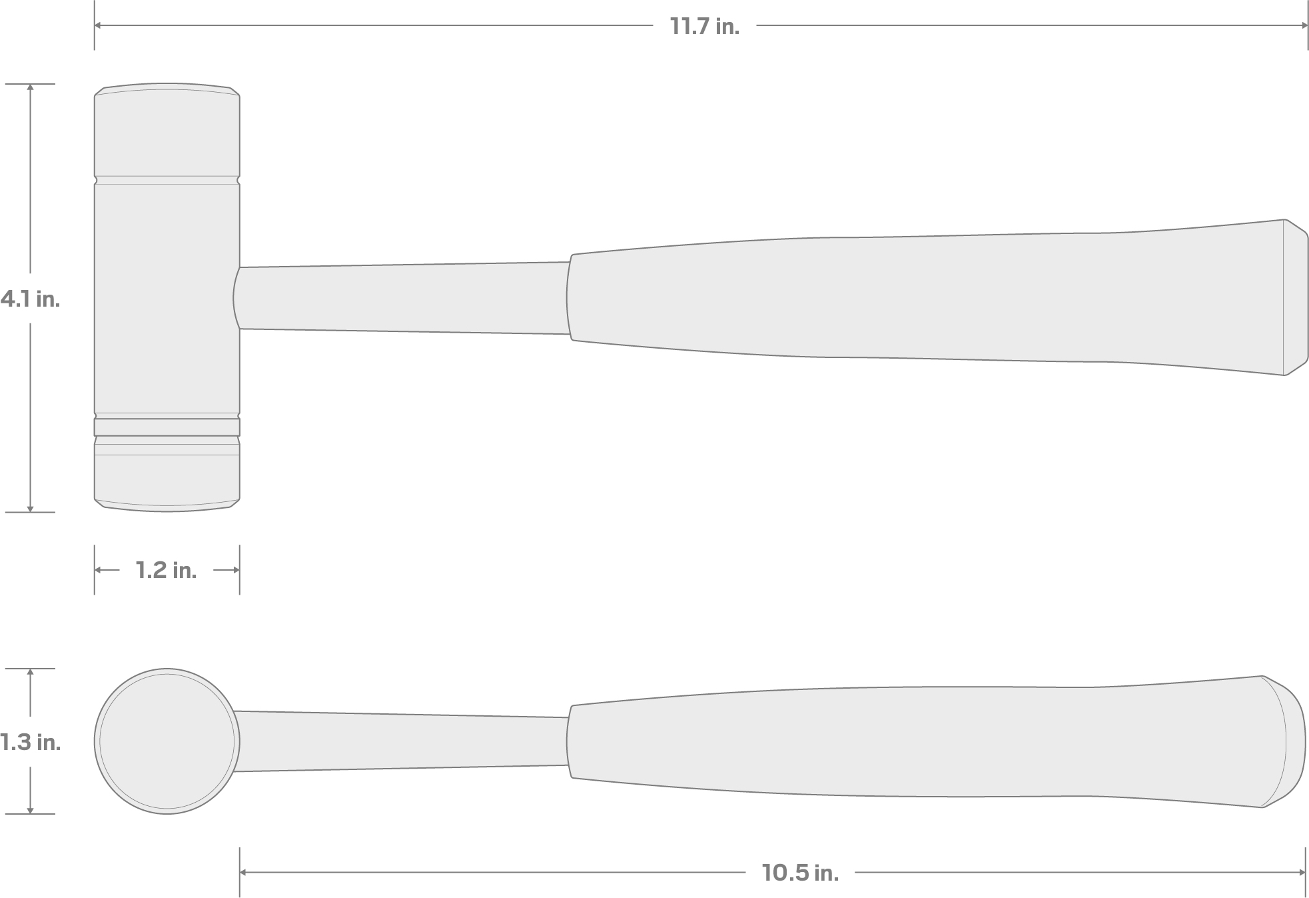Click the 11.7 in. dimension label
704,27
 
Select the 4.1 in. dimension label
30,299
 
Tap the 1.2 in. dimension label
166,570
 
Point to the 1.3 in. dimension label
30,741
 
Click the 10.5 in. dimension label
800,872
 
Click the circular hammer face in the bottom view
167,741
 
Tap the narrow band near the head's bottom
167,427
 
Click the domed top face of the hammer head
167,89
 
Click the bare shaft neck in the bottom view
400,741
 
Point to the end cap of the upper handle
1295,297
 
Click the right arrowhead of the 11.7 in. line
1304,26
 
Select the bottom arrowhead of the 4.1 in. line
30,509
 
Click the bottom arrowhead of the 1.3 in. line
30,810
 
